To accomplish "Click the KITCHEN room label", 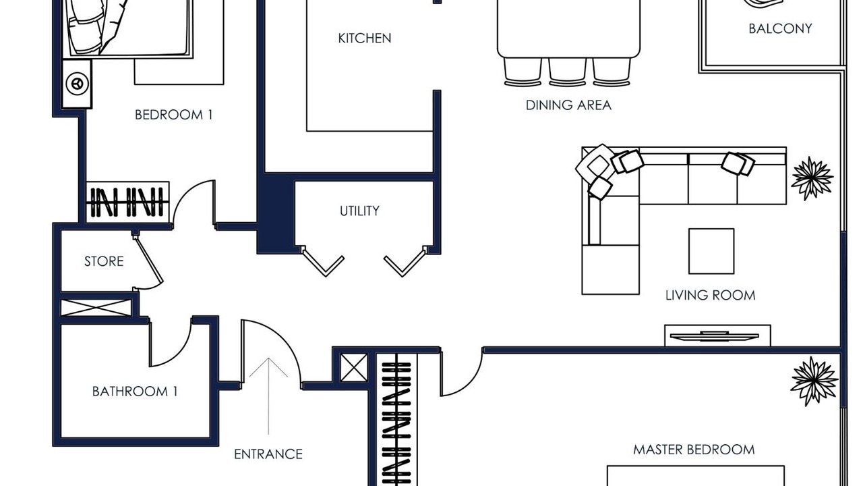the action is pyautogui.click(x=365, y=38).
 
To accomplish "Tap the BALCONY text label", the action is pyautogui.click(x=780, y=28).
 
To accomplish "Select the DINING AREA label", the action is pyautogui.click(x=568, y=105).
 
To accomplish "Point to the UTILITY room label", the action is pyautogui.click(x=359, y=211).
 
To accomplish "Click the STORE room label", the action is pyautogui.click(x=104, y=261).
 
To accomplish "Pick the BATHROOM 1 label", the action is pyautogui.click(x=135, y=391).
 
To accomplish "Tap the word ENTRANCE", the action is pyautogui.click(x=268, y=454).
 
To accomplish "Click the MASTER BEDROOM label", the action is pyautogui.click(x=694, y=450).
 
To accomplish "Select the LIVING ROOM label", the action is pyautogui.click(x=710, y=296).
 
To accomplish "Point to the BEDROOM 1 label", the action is pyautogui.click(x=173, y=115).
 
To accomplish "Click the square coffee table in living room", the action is pyautogui.click(x=711, y=251).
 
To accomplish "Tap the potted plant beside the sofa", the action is pyautogui.click(x=812, y=178).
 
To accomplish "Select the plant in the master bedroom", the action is pyautogui.click(x=814, y=381).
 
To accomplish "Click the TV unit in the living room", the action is pyautogui.click(x=717, y=335).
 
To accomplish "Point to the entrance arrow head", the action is pyautogui.click(x=268, y=359).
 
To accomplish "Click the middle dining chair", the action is pyautogui.click(x=567, y=72).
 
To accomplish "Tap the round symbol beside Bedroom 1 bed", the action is pyautogui.click(x=77, y=83).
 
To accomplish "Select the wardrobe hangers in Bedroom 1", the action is pyautogui.click(x=128, y=202).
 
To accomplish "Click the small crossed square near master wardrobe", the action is pyautogui.click(x=354, y=368).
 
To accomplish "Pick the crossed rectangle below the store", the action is pyautogui.click(x=96, y=307).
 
